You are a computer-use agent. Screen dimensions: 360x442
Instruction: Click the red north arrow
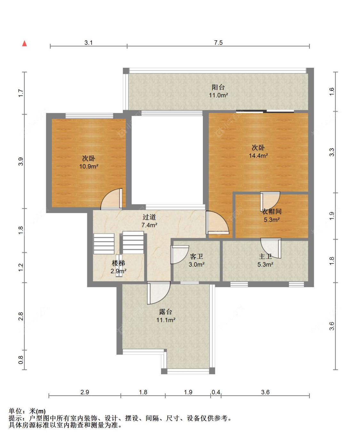click(x=25, y=43)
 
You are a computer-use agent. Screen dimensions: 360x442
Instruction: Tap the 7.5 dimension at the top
click(x=218, y=43)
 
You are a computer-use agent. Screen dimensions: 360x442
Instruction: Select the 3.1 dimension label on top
click(x=88, y=43)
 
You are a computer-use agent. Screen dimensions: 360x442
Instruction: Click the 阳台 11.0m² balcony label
click(x=218, y=91)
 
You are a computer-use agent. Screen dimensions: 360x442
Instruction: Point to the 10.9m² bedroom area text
click(x=89, y=166)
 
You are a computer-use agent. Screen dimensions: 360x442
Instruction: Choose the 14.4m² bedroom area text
click(x=258, y=155)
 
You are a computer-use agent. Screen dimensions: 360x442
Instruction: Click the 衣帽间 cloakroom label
click(x=272, y=211)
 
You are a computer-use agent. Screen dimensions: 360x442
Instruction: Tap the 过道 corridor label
click(x=149, y=217)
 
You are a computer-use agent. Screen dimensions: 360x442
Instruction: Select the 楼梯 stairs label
click(x=118, y=263)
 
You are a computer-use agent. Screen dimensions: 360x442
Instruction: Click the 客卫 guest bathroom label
click(x=196, y=257)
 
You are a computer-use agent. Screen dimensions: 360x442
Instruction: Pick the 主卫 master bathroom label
click(x=265, y=257)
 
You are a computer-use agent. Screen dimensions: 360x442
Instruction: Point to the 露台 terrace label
click(x=166, y=312)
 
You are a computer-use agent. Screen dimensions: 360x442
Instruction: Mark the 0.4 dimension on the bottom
click(x=216, y=392)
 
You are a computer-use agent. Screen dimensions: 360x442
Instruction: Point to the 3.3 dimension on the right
click(x=332, y=152)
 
